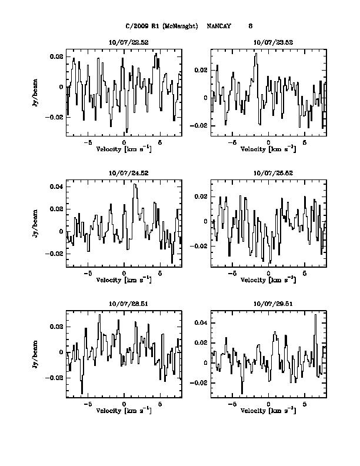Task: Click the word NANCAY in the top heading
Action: [219, 26]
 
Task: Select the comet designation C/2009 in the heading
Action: [138, 26]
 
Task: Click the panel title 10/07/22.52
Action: [124, 42]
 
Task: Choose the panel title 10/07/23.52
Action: [268, 42]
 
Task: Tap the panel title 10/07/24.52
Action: [124, 174]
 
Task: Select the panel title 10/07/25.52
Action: [268, 174]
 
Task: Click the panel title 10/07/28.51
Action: [124, 304]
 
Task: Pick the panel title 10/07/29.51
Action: [268, 304]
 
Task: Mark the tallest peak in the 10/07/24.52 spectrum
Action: [135, 185]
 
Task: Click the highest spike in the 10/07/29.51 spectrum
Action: [316, 315]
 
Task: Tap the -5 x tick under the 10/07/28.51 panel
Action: [88, 405]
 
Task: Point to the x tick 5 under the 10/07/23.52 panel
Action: [305, 143]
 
